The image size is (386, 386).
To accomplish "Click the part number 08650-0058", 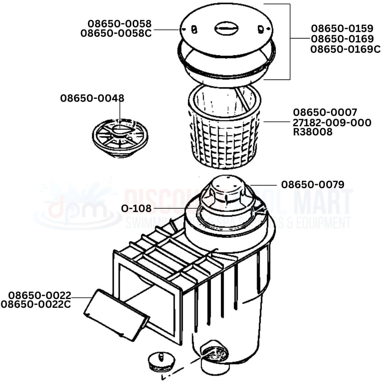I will pyautogui.click(x=119, y=24).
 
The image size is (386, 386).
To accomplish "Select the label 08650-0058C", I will pyautogui.click(x=116, y=33).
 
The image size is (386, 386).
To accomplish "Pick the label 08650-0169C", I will pyautogui.click(x=345, y=49).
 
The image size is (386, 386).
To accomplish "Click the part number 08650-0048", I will pyautogui.click(x=92, y=98).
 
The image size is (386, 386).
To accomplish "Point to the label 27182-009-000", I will pyautogui.click(x=332, y=122).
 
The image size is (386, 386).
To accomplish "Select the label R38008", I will pyautogui.click(x=313, y=132).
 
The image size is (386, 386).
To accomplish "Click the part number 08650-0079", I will pyautogui.click(x=313, y=184).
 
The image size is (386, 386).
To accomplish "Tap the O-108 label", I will pyautogui.click(x=136, y=209).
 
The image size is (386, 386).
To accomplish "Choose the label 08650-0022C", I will pyautogui.click(x=36, y=304).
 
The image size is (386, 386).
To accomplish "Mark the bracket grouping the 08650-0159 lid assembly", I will pyautogui.click(x=289, y=41).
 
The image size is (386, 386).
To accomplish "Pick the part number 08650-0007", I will pyautogui.click(x=325, y=112).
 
